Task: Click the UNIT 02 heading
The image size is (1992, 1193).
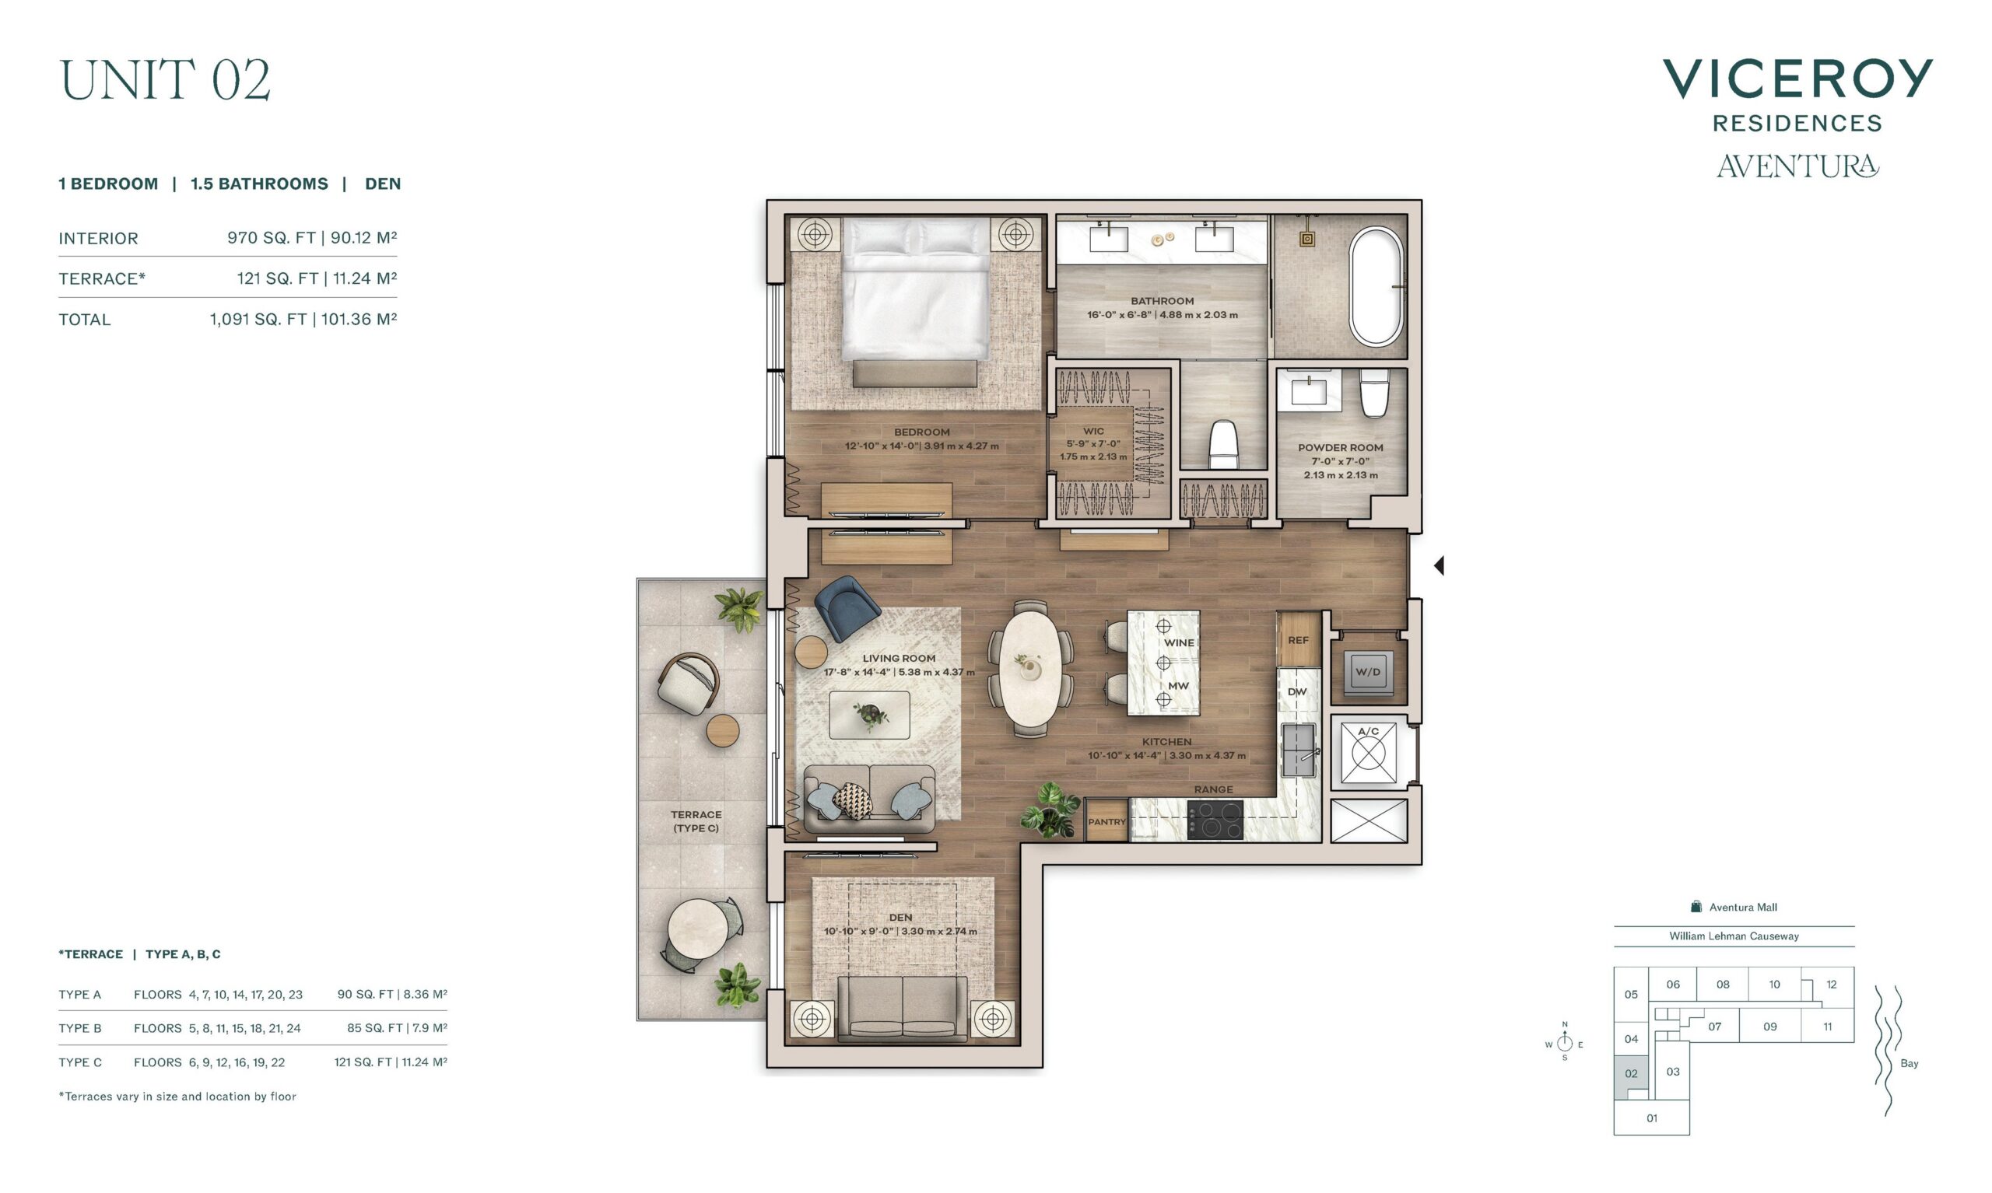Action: pos(165,79)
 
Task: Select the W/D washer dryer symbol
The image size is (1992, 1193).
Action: pos(1368,671)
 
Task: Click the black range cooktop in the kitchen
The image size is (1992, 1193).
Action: pos(1215,820)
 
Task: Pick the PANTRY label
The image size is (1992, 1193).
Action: pos(1106,821)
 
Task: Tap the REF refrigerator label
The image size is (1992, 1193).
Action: pos(1298,641)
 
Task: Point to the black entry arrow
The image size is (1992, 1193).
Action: pos(1439,566)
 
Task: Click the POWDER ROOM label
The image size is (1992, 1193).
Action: pos(1341,448)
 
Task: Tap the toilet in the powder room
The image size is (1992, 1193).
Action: pos(1374,392)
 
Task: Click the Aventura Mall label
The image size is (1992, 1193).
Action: pos(1743,907)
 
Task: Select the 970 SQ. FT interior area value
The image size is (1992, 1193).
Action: pos(271,238)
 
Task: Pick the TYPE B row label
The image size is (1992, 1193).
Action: pos(79,1028)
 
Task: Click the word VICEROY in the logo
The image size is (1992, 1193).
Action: pos(1797,79)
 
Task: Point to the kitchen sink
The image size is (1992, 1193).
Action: pos(1299,749)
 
